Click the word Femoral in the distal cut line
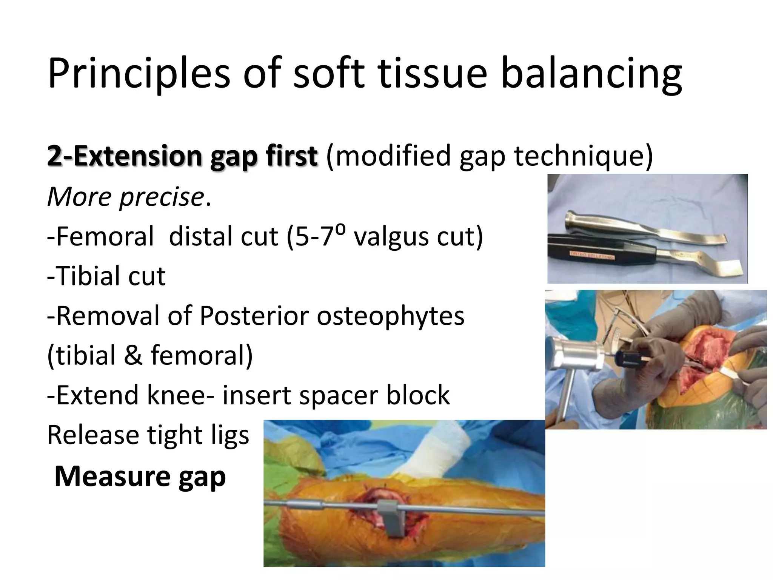[100, 237]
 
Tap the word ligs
[230, 435]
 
